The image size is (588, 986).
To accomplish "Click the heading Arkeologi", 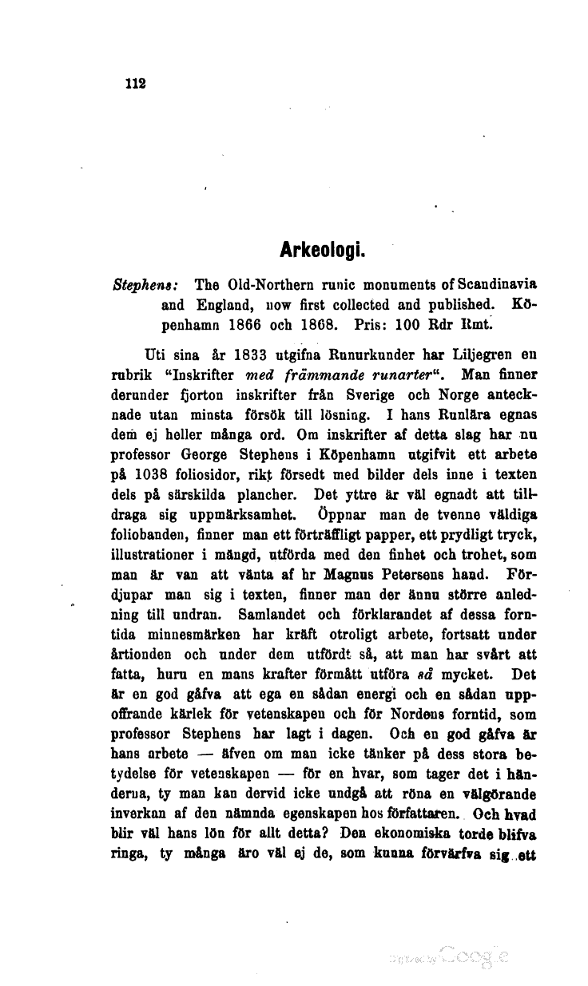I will pos(323,256).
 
